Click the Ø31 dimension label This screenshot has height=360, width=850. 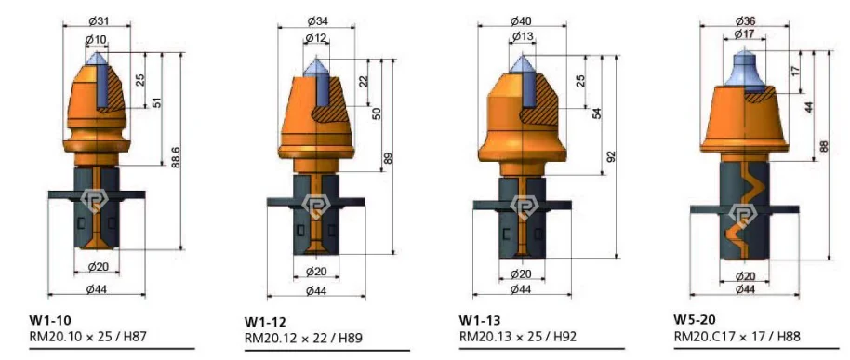point(98,21)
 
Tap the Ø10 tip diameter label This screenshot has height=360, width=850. point(96,39)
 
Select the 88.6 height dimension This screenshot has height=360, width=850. point(176,156)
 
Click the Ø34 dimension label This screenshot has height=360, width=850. point(317,21)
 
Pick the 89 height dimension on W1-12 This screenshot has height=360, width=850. point(388,159)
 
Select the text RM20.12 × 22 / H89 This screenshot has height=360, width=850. point(304,339)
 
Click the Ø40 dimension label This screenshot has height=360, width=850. point(521,21)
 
